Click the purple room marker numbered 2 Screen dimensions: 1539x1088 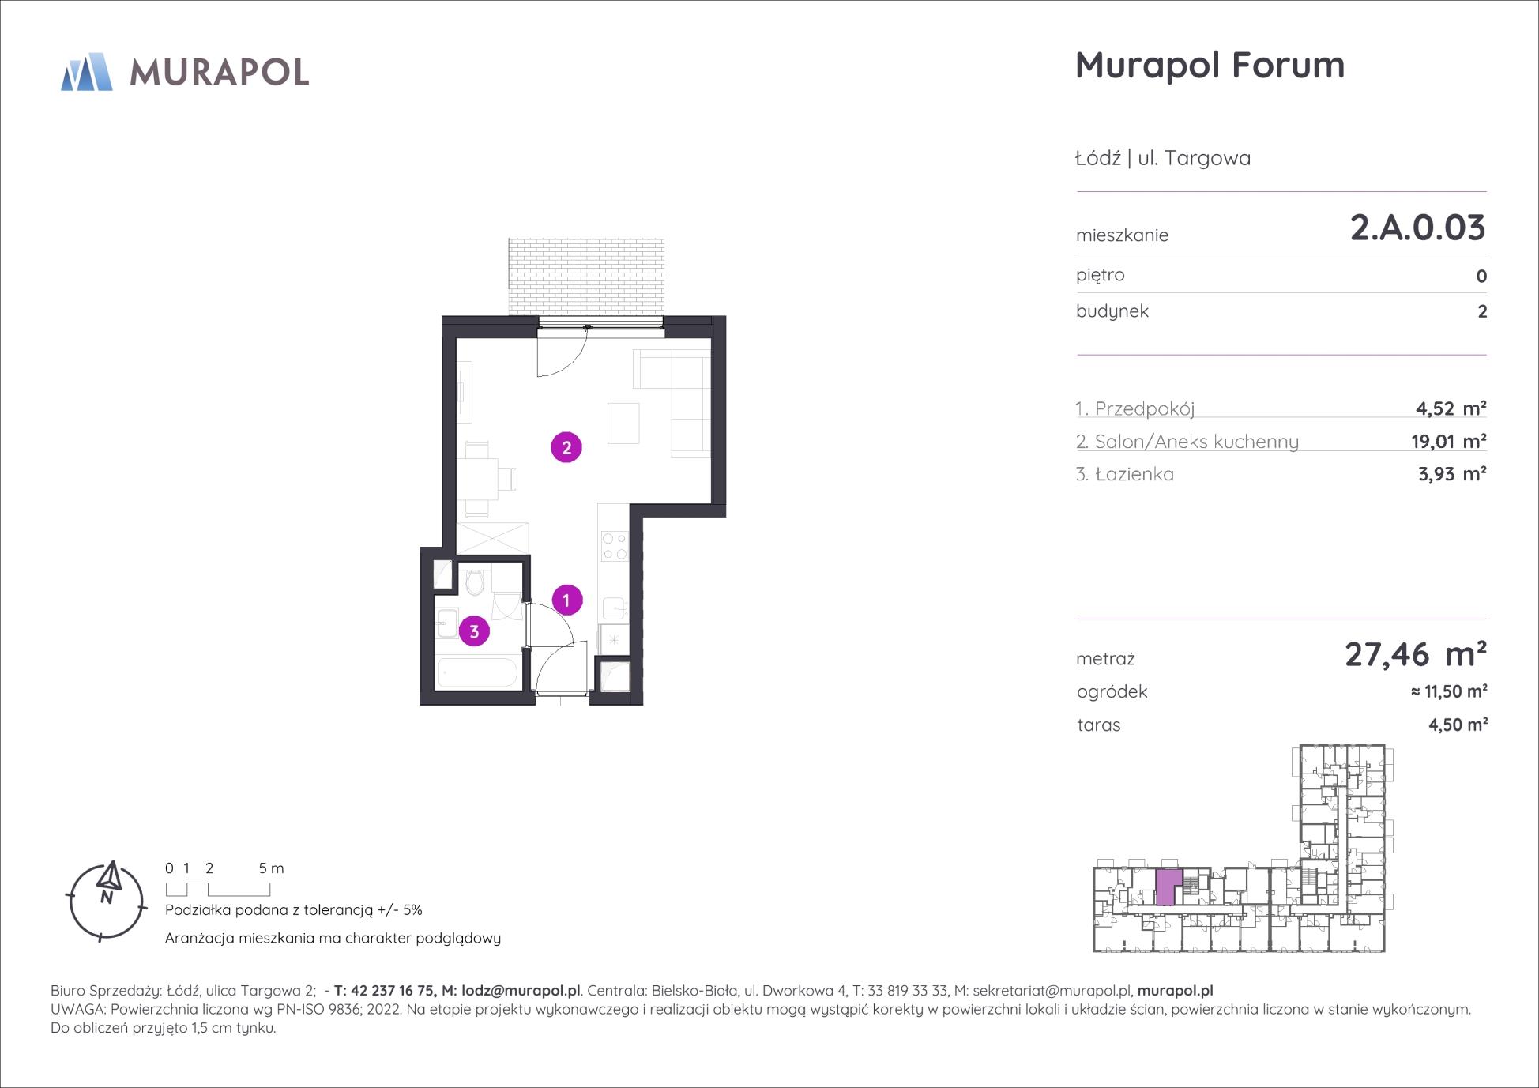(x=566, y=448)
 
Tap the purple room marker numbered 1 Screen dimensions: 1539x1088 (x=566, y=600)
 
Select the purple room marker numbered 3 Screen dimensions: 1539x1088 (x=474, y=631)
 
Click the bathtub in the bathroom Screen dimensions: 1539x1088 (x=478, y=673)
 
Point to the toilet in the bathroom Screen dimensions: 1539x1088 (x=475, y=582)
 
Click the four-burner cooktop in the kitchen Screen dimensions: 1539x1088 (x=614, y=545)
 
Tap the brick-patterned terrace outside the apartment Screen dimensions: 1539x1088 (x=586, y=277)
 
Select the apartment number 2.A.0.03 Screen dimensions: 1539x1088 (x=1418, y=228)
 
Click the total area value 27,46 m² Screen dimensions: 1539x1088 (x=1416, y=655)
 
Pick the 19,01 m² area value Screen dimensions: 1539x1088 (x=1449, y=441)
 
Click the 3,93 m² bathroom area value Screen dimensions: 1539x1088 (x=1452, y=474)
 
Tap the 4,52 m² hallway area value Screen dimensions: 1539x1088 (x=1451, y=408)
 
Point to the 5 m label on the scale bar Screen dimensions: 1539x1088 (x=271, y=868)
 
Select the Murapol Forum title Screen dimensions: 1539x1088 (x=1210, y=65)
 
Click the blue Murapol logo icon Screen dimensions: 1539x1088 (x=87, y=72)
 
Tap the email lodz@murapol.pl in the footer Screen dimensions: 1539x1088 (x=521, y=990)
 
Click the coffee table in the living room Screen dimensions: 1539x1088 (x=623, y=423)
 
